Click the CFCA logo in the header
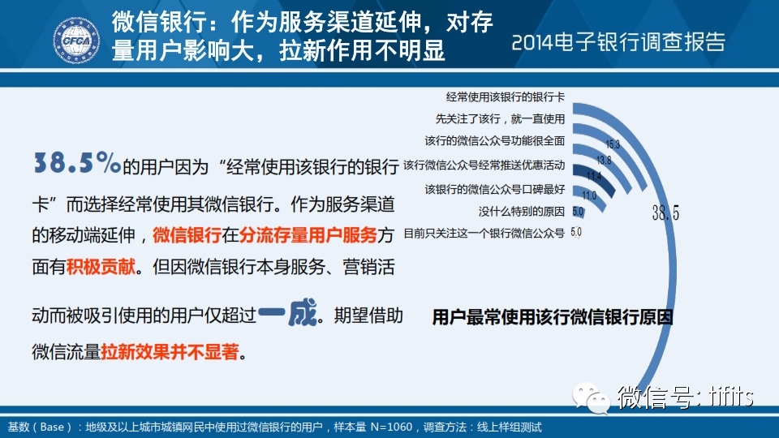pyautogui.click(x=76, y=41)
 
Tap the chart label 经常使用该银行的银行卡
pyautogui.click(x=506, y=97)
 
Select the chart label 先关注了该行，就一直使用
pyautogui.click(x=501, y=118)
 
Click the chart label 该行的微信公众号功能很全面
pyautogui.click(x=495, y=140)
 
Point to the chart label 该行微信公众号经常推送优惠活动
pyautogui.click(x=484, y=165)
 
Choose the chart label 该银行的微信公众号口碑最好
pyautogui.click(x=495, y=189)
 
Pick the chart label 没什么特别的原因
pyautogui.click(x=522, y=212)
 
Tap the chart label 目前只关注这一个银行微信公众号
pyautogui.click(x=484, y=233)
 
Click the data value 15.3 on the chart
pyautogui.click(x=613, y=144)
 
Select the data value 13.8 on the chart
pyautogui.click(x=604, y=160)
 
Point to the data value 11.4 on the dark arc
pyautogui.click(x=594, y=176)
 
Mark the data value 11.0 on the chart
pyautogui.click(x=589, y=195)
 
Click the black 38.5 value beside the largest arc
pyautogui.click(x=665, y=213)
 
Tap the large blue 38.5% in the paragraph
pyautogui.click(x=77, y=162)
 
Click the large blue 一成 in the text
pyautogui.click(x=287, y=312)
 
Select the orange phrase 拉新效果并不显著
pyautogui.click(x=170, y=351)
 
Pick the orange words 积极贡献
pyautogui.click(x=101, y=267)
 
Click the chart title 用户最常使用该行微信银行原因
pyautogui.click(x=553, y=317)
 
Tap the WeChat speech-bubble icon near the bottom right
pyautogui.click(x=591, y=397)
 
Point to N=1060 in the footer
pyautogui.click(x=391, y=427)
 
